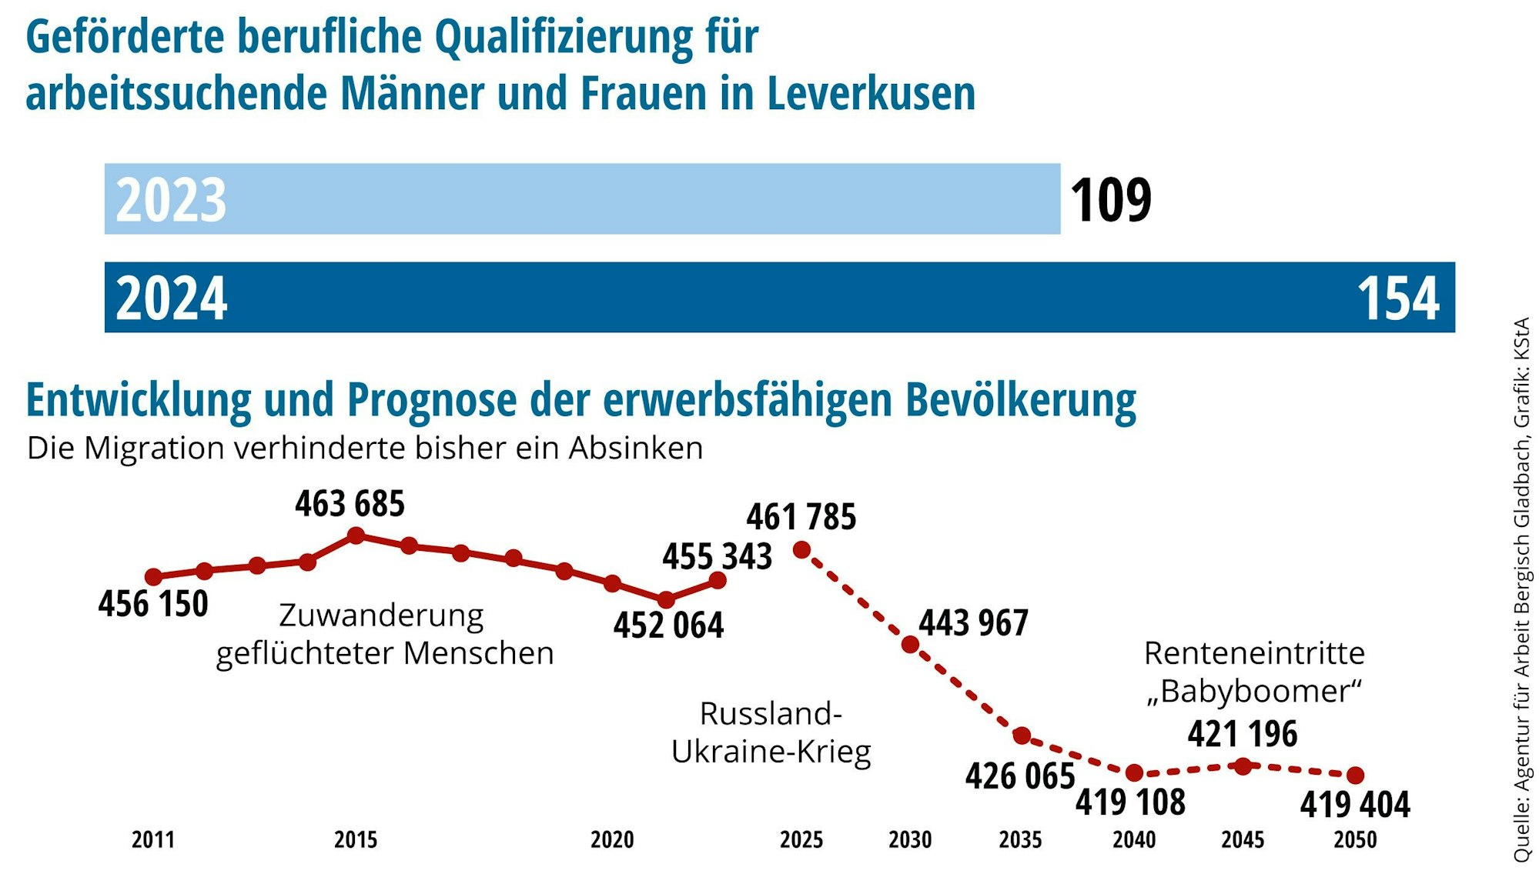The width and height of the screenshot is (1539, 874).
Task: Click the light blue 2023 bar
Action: click(x=582, y=198)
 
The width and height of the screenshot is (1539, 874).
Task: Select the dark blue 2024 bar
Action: click(x=779, y=297)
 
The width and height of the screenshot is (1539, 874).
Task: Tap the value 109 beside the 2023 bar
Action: click(x=1110, y=200)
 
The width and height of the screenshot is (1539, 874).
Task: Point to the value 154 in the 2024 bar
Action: click(x=1397, y=299)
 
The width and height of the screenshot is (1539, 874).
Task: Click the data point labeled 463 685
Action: click(x=356, y=535)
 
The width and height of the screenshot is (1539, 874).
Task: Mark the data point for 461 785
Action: click(x=801, y=549)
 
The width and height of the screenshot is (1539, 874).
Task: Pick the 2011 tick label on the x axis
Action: click(x=153, y=839)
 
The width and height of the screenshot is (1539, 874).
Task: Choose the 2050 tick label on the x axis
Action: click(x=1355, y=839)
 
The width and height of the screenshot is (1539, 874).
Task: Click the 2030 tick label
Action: click(x=910, y=839)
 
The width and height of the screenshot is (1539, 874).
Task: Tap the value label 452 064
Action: click(x=668, y=625)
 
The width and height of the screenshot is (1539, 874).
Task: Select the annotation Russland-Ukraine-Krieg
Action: click(x=771, y=732)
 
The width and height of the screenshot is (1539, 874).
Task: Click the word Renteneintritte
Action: click(x=1254, y=653)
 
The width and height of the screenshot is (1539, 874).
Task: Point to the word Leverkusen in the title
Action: click(x=871, y=94)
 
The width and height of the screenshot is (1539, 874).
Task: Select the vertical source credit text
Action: click(x=1521, y=589)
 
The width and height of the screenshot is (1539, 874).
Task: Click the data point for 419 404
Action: click(x=1356, y=776)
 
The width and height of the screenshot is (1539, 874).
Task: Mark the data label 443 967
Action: click(x=973, y=623)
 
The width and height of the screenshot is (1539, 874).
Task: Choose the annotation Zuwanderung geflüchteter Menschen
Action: click(x=384, y=635)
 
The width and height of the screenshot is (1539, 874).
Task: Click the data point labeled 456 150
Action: click(x=154, y=577)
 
